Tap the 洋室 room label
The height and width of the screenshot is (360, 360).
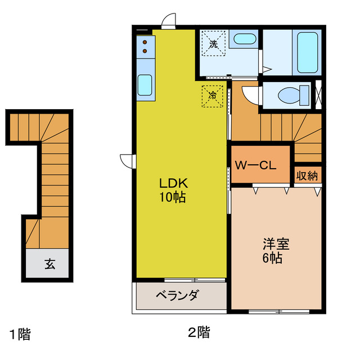click(276, 245)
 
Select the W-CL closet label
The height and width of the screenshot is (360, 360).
click(254, 165)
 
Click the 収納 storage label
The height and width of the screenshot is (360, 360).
click(307, 175)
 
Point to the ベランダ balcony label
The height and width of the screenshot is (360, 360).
click(176, 295)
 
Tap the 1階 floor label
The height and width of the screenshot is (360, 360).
click(19, 335)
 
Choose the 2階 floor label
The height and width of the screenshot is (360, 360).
click(199, 332)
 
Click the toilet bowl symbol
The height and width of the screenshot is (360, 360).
click(293, 95)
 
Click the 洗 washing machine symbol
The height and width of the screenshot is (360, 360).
click(214, 44)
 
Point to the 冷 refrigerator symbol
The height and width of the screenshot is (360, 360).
click(213, 96)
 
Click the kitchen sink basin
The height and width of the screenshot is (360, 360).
click(145, 85)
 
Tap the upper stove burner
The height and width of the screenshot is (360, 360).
click(145, 42)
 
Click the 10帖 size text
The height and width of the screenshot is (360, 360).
click(173, 197)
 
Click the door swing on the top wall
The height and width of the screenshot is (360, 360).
click(168, 22)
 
